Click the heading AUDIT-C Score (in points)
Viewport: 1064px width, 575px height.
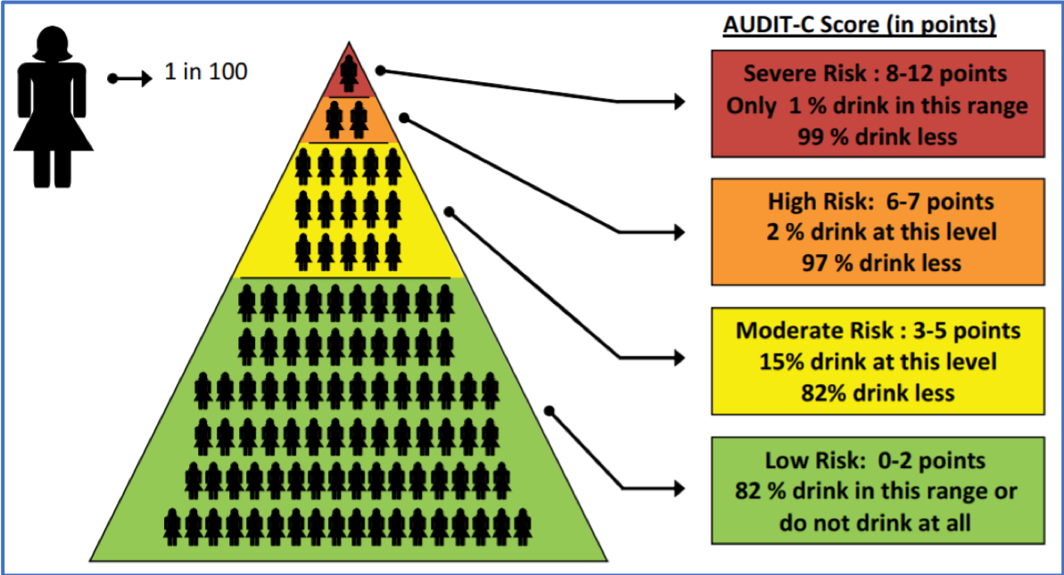click(859, 25)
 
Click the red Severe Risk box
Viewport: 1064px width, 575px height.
click(877, 105)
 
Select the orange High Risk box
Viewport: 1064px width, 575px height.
click(877, 232)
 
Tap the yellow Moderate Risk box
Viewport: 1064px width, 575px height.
click(877, 362)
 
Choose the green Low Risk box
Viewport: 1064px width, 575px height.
click(877, 490)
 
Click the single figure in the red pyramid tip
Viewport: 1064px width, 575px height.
click(349, 69)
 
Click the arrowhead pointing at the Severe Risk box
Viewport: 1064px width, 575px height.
click(679, 103)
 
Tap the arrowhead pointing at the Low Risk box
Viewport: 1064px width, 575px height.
click(679, 489)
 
